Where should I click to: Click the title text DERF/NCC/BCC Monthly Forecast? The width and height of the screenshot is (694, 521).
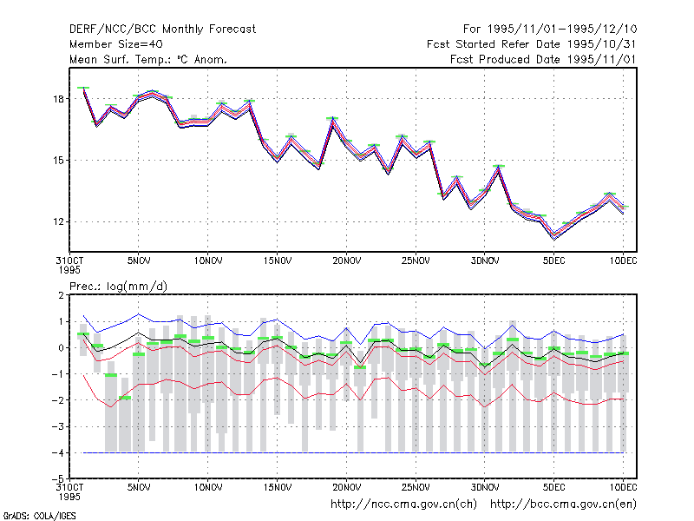[x=162, y=30]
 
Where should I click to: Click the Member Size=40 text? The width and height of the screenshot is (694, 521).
[x=116, y=44]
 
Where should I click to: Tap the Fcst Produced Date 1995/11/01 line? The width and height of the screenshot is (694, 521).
[x=543, y=59]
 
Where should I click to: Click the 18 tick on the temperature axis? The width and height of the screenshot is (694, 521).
[x=58, y=99]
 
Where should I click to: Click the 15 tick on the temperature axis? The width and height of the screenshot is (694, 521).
[x=58, y=161]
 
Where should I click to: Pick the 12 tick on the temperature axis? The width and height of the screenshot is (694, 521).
[x=58, y=221]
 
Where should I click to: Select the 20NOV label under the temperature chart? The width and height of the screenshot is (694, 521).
[x=346, y=261]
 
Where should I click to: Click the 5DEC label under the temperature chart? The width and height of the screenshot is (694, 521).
[x=554, y=261]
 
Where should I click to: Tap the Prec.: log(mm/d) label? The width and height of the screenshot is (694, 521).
[x=118, y=287]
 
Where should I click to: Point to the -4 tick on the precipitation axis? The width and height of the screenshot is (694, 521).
[x=57, y=452]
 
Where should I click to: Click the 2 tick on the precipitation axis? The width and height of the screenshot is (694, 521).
[x=61, y=295]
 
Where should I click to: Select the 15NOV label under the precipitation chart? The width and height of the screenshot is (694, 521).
[x=278, y=487]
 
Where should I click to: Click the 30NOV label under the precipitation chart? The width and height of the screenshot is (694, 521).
[x=485, y=487]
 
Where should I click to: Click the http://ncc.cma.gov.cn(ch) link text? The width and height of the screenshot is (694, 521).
[x=403, y=505]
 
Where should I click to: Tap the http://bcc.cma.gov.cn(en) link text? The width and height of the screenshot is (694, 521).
[x=563, y=505]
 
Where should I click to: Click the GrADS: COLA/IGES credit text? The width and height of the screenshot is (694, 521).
[x=39, y=516]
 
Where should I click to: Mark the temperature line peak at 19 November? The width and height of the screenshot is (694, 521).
[x=333, y=120]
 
